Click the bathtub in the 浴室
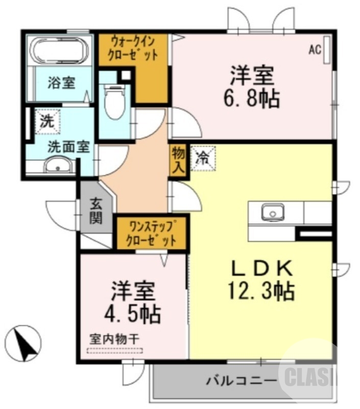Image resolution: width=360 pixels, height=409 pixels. pyautogui.click(x=60, y=51)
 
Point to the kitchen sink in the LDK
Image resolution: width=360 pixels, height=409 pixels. pyautogui.click(x=273, y=212)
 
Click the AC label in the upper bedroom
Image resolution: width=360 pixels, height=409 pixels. pyautogui.click(x=315, y=50)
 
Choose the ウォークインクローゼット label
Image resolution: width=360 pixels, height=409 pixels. pyautogui.click(x=133, y=49)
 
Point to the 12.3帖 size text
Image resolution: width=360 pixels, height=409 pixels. pyautogui.click(x=260, y=291)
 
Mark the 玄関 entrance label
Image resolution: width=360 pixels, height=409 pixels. pyautogui.click(x=96, y=211)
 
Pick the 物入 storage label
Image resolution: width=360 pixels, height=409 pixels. pyautogui.click(x=178, y=160)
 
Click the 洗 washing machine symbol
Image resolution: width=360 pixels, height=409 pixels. pyautogui.click(x=46, y=123)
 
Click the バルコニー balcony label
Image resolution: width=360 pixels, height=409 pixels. pyautogui.click(x=242, y=381)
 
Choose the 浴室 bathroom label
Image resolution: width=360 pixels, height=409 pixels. pyautogui.click(x=62, y=83)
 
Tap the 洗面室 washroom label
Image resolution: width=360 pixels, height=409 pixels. pyautogui.click(x=68, y=147)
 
